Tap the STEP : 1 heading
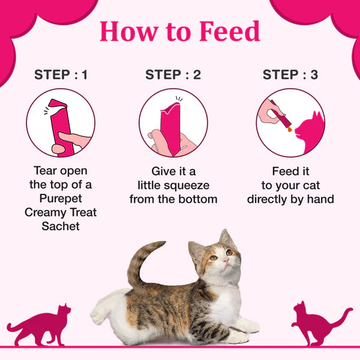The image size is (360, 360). pyautogui.click(x=61, y=75)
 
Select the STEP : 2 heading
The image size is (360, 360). pyautogui.click(x=173, y=75)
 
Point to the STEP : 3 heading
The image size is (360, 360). pyautogui.click(x=290, y=75)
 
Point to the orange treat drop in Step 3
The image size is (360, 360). pyautogui.click(x=290, y=128)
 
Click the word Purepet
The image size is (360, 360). pyautogui.click(x=61, y=199)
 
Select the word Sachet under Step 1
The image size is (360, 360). pyautogui.click(x=61, y=226)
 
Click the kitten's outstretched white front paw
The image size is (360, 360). pyautogui.click(x=247, y=327)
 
